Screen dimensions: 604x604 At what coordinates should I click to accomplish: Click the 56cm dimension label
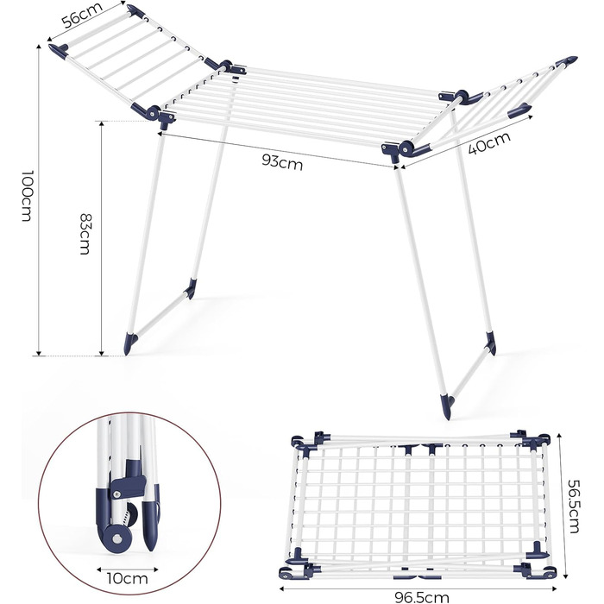coord(82,16)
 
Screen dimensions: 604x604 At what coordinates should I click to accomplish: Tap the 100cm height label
coord(26,196)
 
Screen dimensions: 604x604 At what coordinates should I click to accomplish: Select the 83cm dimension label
coord(85,234)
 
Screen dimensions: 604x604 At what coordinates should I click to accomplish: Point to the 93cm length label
coord(282,162)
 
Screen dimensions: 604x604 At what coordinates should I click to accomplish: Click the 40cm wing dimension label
coord(489,142)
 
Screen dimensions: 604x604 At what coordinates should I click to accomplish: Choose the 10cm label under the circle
coord(128,579)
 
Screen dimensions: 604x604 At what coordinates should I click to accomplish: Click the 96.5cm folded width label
coord(422,597)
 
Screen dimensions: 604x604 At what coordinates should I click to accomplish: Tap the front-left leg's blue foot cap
coord(129,343)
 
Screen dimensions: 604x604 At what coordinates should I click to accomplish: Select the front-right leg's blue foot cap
coord(449,406)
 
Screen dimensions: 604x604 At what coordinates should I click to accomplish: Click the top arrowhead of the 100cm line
coord(39,47)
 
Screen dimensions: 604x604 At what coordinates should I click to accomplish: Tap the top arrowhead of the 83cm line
coord(102,123)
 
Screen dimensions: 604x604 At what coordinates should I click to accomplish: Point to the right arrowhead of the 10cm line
coord(156,569)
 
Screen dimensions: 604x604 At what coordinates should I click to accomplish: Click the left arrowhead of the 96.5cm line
coord(281,588)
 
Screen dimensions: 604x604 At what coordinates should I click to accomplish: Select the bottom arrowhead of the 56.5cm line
coord(565,576)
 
